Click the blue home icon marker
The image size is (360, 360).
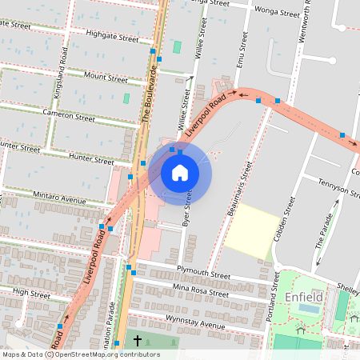pos(180,172)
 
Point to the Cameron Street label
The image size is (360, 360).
pos(69,117)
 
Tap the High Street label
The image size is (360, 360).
pos(32,294)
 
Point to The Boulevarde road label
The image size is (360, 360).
pos(147,92)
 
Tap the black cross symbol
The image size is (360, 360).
pos(137,342)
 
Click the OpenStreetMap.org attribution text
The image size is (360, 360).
pos(108,354)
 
